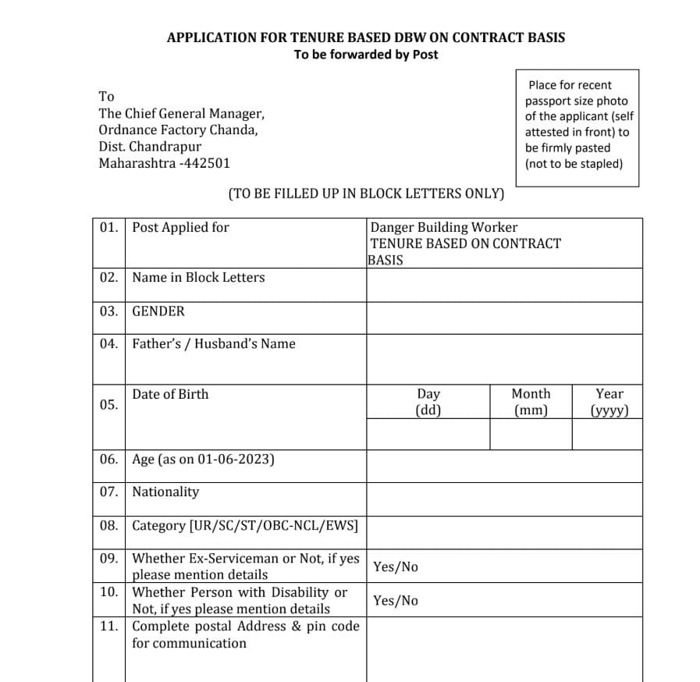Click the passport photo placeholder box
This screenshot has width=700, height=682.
click(577, 127)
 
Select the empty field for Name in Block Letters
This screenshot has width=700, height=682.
click(504, 286)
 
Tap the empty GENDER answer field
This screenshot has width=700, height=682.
click(504, 318)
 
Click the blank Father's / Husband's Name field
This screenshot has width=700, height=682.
click(504, 359)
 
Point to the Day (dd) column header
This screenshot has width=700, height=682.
click(428, 402)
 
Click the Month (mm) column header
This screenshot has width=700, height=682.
click(531, 402)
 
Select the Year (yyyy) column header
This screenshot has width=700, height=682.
click(609, 402)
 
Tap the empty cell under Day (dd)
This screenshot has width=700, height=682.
click(428, 434)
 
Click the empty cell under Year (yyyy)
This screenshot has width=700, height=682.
click(607, 434)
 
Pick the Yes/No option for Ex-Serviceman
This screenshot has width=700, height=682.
click(396, 567)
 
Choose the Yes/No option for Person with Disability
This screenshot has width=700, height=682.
click(396, 601)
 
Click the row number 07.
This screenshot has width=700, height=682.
click(109, 492)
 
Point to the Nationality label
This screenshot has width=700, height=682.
click(165, 492)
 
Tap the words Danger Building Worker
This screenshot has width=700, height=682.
click(443, 227)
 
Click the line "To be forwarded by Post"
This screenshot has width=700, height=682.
click(366, 55)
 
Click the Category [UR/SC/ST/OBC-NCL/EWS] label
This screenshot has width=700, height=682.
click(245, 526)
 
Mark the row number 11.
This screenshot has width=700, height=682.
click(109, 626)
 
